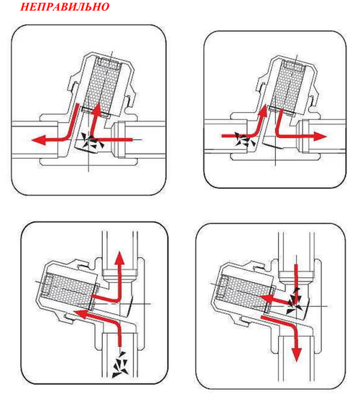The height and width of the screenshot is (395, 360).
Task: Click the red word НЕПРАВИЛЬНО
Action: [x=65, y=6]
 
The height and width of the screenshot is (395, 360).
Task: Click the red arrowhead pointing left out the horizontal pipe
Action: [x=38, y=139]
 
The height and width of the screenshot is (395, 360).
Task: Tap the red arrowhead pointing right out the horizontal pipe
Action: [x=320, y=136]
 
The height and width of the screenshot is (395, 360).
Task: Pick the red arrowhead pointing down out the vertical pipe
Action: [x=297, y=355]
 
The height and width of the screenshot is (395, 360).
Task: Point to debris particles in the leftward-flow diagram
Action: [x=93, y=142]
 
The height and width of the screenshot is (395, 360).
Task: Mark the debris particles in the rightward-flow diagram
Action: [x=244, y=140]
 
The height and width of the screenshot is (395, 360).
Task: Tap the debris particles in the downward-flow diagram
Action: [x=295, y=300]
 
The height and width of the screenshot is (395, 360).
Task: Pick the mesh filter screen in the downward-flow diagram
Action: [x=244, y=291]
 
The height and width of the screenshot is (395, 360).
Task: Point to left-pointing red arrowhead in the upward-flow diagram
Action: [x=78, y=314]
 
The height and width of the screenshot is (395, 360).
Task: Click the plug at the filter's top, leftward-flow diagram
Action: [x=109, y=65]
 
